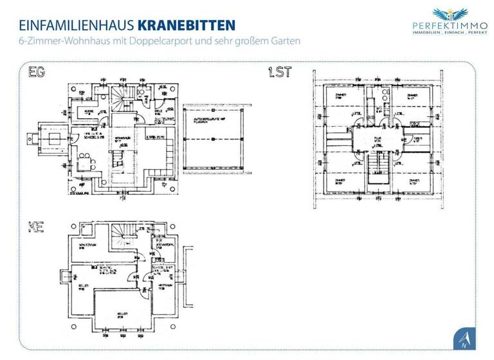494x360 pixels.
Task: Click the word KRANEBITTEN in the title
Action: click(x=187, y=25)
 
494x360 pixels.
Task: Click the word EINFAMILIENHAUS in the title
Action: click(x=77, y=25)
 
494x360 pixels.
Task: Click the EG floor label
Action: click(x=37, y=73)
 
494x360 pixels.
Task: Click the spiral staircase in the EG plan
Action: click(x=122, y=97)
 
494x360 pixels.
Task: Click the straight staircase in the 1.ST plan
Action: click(x=380, y=168)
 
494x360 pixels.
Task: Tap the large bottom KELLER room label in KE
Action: click(x=120, y=316)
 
